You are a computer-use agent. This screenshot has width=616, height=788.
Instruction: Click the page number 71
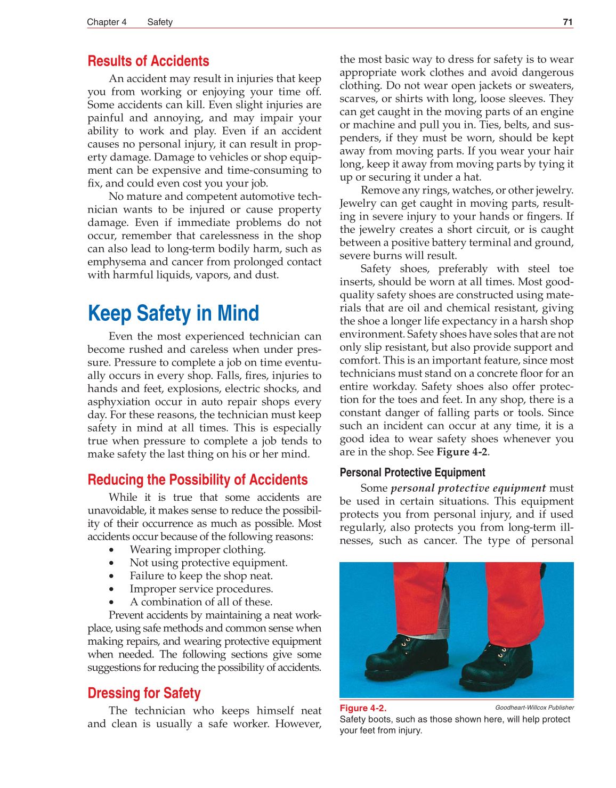tap(568, 22)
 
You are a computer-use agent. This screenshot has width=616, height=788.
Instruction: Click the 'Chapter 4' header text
tap(107, 22)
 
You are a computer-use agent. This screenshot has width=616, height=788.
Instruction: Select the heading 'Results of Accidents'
tap(148, 61)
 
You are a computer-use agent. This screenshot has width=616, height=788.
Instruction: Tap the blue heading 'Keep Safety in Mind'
tap(173, 313)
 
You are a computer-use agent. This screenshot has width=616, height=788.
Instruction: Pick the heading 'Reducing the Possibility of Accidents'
tap(197, 480)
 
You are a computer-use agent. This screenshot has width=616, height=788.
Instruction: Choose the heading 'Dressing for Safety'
tap(144, 693)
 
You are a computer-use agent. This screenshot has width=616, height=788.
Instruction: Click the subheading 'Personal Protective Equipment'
tap(412, 473)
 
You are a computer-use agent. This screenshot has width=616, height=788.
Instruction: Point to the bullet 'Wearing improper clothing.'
tap(197, 550)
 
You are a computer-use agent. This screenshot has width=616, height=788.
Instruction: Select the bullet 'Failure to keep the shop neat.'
tap(201, 576)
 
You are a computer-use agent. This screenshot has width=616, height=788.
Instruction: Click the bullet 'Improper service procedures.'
tap(201, 589)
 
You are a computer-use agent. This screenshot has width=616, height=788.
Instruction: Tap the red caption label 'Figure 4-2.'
tap(363, 708)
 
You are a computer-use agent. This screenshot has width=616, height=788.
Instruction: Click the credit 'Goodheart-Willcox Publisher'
tap(534, 708)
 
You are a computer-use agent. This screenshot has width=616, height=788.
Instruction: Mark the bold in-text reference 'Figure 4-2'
tap(461, 452)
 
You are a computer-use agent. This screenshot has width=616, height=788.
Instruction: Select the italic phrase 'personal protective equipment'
tap(468, 488)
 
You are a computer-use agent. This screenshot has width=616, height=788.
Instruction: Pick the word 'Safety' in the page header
tap(160, 22)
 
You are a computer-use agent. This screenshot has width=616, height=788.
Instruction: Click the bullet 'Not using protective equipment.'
tap(208, 563)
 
